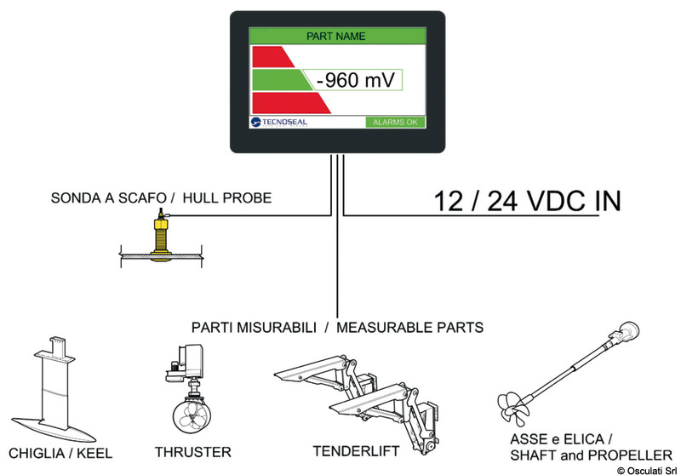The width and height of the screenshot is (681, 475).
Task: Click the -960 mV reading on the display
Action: [357, 81]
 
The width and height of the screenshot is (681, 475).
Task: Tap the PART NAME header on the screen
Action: [335, 37]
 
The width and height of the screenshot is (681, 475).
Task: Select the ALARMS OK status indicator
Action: [395, 123]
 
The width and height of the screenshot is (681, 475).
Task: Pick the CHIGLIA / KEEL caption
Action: [60, 452]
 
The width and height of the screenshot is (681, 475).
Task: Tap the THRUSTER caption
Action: [193, 452]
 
